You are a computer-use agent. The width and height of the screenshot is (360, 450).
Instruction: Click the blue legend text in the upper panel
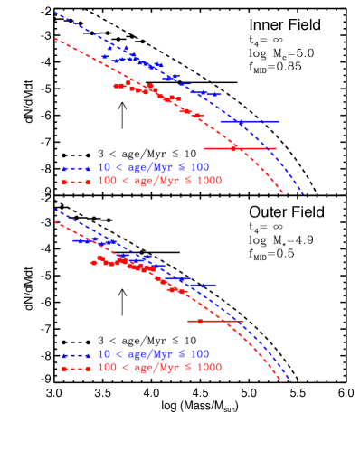154,167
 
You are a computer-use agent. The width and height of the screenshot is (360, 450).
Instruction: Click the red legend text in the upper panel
159,181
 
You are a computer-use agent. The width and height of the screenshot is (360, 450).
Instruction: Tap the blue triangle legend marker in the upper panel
65,169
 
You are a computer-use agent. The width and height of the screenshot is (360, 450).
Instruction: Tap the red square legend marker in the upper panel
65,183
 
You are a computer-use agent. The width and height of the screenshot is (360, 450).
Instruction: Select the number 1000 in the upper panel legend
208,181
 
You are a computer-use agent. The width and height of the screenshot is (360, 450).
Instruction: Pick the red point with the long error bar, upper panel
233,148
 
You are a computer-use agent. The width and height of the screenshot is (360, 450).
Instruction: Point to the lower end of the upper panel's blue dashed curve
302,193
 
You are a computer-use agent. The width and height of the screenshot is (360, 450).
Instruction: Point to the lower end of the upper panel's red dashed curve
283,192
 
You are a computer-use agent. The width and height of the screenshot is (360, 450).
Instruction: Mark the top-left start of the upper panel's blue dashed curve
55,13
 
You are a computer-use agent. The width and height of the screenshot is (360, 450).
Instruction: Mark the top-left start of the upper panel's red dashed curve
55,38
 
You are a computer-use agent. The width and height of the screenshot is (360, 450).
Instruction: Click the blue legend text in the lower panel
154,354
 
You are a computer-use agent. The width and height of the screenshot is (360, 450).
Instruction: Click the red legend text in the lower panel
159,368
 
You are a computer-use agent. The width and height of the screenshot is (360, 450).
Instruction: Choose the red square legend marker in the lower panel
65,370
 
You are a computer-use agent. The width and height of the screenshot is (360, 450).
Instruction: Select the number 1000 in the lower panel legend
208,368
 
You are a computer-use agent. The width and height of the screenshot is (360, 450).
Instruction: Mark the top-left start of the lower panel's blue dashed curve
55,210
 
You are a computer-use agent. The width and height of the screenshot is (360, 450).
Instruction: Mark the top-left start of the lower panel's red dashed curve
55,221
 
